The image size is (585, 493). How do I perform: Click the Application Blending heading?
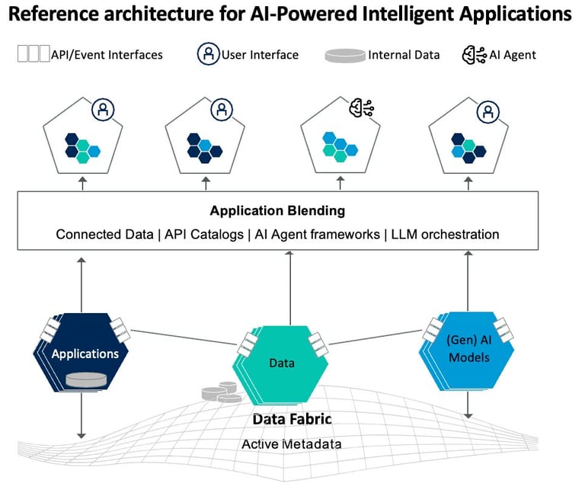point(277,210)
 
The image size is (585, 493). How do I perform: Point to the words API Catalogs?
point(204,235)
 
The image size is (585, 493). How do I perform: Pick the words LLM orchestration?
point(445,235)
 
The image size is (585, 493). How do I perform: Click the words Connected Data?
point(105,235)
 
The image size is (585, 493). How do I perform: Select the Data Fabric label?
point(292,419)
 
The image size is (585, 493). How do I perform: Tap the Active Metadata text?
point(292,444)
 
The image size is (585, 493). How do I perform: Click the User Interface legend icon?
point(208,54)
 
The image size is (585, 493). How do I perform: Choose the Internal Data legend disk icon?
point(345,55)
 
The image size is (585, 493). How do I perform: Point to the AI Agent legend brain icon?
point(475,55)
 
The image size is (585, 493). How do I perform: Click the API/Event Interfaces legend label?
point(107,55)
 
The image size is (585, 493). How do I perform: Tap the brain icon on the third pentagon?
point(361,107)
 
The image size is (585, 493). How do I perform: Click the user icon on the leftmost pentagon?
point(103,110)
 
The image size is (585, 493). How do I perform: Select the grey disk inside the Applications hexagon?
point(86,380)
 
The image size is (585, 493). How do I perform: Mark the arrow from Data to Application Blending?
point(290,288)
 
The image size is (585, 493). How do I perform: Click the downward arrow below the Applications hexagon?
point(82,415)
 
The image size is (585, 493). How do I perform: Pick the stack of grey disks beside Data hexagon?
point(220,392)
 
